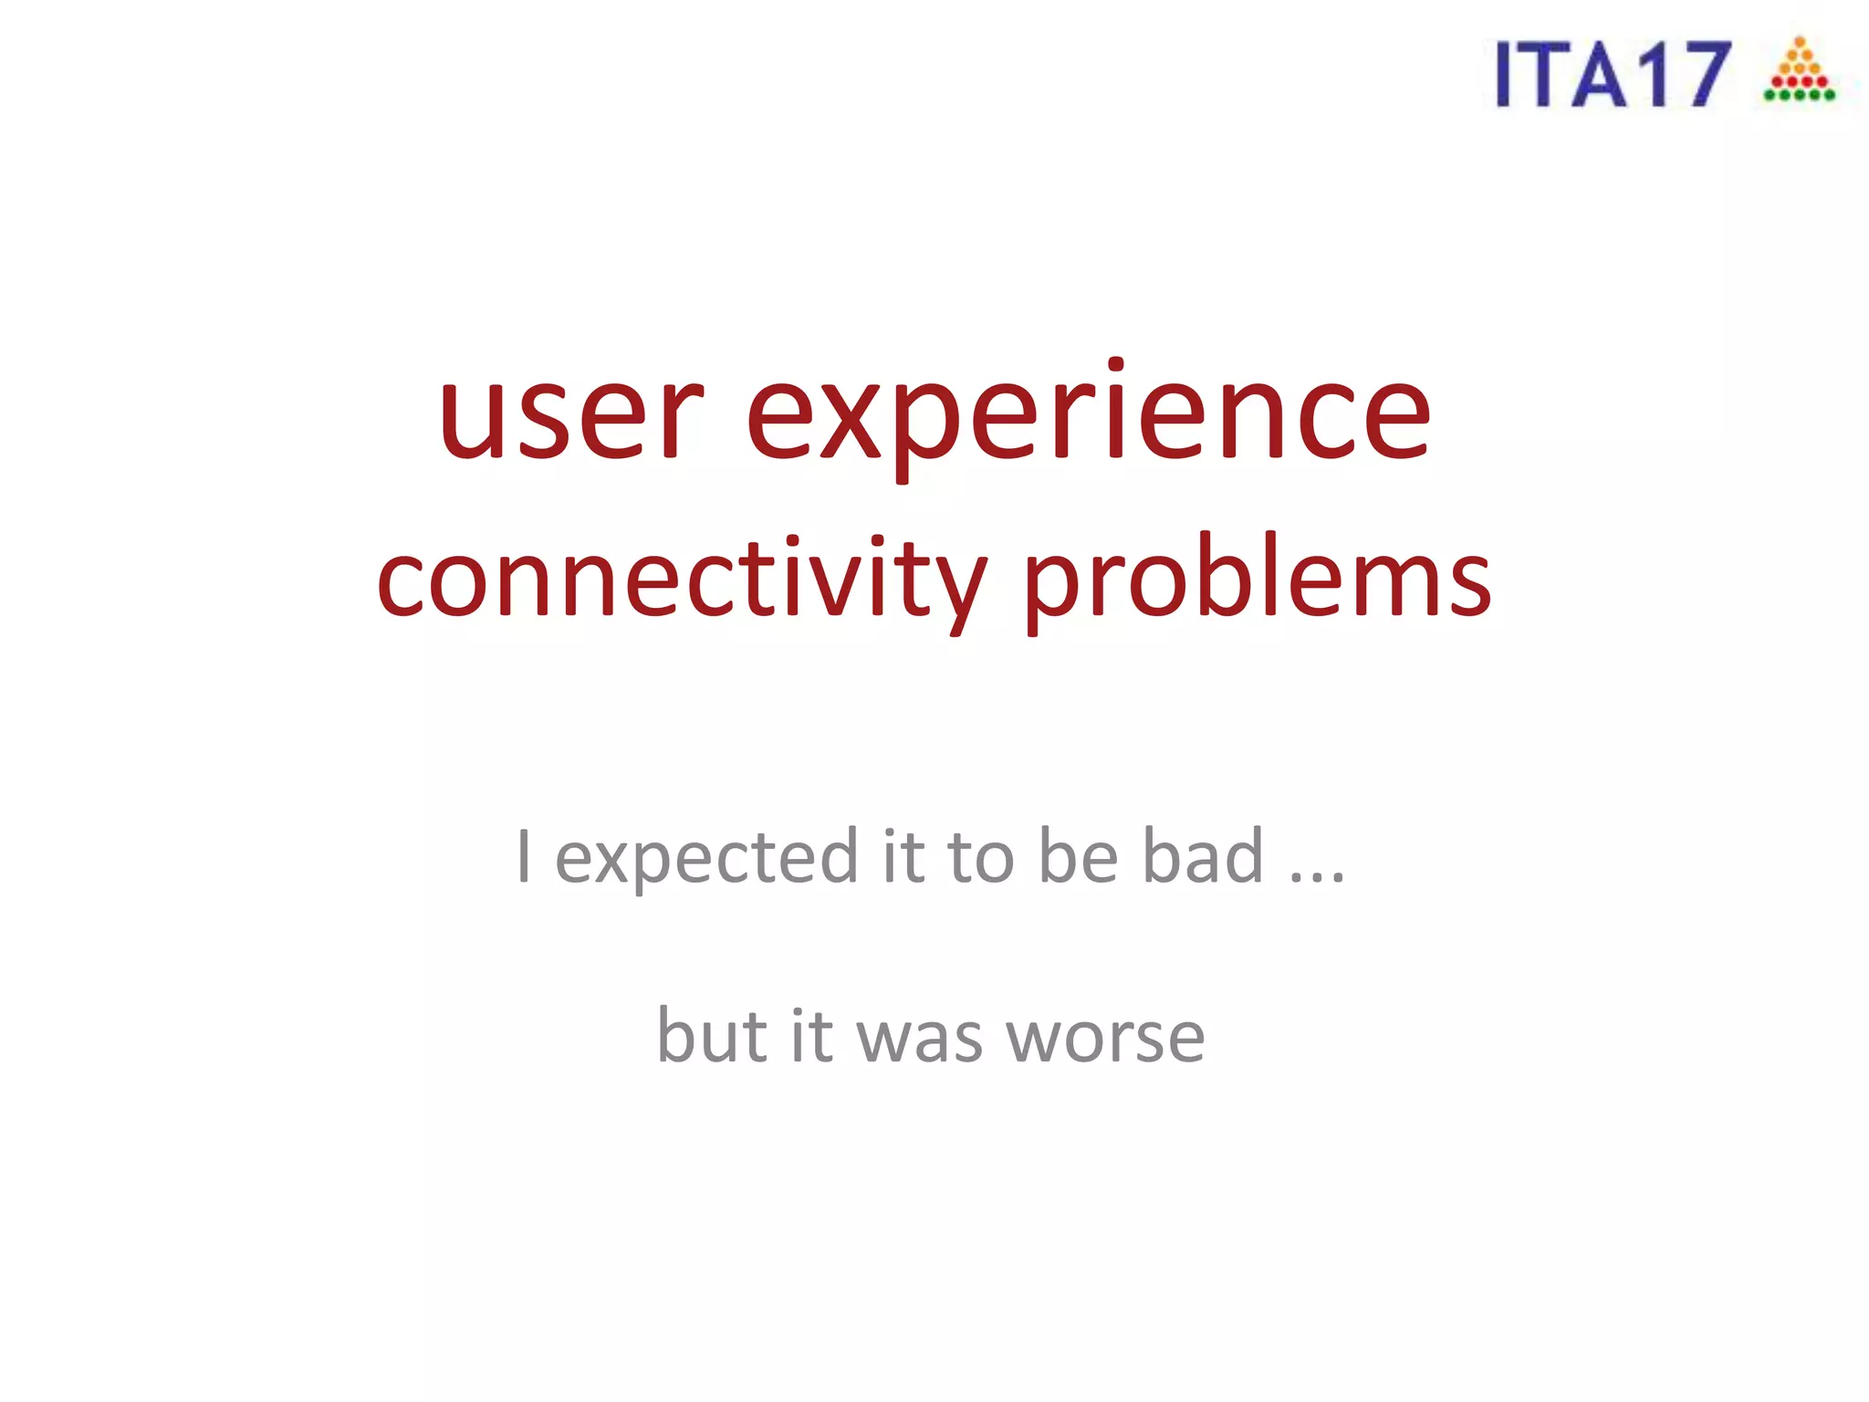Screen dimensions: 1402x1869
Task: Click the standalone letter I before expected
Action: [523, 856]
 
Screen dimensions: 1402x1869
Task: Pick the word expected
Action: [706, 858]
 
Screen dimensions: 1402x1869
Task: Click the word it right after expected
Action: [903, 856]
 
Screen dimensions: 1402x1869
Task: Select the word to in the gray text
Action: [981, 858]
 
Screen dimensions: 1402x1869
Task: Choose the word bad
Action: [1204, 856]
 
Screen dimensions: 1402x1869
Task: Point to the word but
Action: [712, 1035]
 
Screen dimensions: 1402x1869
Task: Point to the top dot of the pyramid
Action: [1800, 41]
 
